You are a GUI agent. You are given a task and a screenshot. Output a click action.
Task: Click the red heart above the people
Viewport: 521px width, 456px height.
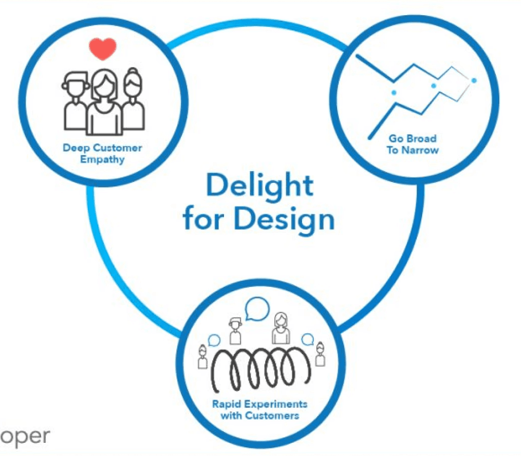[x=102, y=48]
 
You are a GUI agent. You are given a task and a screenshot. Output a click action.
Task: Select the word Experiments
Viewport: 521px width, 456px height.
[x=276, y=405]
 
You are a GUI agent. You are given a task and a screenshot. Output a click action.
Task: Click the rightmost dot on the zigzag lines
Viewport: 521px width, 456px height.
[x=474, y=80]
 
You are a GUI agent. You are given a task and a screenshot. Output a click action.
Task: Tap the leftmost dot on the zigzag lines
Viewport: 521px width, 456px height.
[x=393, y=92]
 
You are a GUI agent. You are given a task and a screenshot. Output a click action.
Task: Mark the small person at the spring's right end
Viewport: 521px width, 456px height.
[x=320, y=354]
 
